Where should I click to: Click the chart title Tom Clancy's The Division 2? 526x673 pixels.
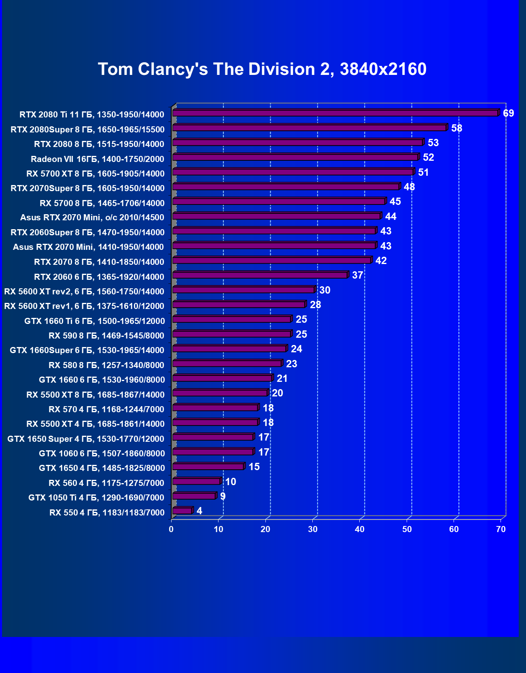(x=262, y=69)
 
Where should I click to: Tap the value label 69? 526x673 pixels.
(x=508, y=113)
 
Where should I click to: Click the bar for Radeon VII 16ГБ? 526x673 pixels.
(x=295, y=157)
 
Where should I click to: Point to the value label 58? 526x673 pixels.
(x=456, y=128)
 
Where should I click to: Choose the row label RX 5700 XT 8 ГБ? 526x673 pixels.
(x=95, y=174)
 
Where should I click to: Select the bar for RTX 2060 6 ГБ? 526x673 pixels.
(x=260, y=275)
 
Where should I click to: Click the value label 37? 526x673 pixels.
(x=357, y=275)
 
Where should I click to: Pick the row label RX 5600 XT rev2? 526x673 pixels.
(x=84, y=292)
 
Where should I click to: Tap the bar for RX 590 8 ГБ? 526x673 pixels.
(x=231, y=334)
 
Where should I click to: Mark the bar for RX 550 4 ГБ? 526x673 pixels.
(x=182, y=511)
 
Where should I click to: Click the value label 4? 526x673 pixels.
(x=199, y=511)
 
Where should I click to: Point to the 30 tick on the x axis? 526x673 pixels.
(x=312, y=529)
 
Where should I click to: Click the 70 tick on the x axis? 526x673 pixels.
(x=501, y=529)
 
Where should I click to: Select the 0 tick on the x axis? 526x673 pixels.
(x=171, y=529)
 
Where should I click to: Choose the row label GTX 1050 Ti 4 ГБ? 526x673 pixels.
(x=96, y=498)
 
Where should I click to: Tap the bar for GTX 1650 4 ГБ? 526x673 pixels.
(x=208, y=466)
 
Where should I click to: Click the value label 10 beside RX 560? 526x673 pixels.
(x=231, y=482)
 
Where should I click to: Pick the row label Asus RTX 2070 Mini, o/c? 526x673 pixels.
(x=92, y=217)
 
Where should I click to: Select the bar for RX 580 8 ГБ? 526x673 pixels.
(x=227, y=363)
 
